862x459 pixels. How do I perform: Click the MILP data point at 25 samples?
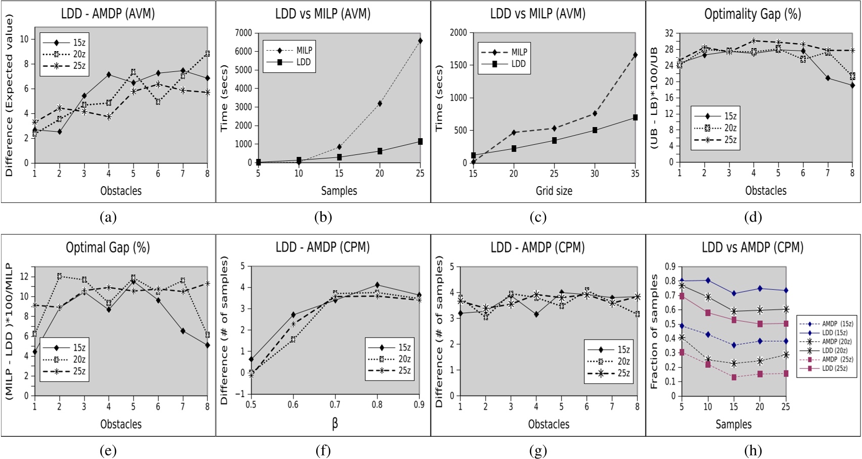tap(420, 40)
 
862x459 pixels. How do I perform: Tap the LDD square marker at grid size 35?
tap(635, 117)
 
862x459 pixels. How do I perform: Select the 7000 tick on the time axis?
tap(243, 33)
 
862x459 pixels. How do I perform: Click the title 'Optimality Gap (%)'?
tap(752, 14)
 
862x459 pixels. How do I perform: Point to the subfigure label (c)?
tap(538, 217)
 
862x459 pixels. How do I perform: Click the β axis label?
tap(335, 424)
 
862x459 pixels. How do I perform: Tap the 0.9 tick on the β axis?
tap(419, 404)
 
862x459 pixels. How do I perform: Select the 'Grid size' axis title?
tap(554, 191)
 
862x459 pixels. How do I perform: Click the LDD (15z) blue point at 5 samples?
tap(682, 280)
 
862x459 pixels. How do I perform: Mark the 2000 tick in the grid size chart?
tap(459, 33)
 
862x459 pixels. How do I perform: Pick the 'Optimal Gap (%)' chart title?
tap(108, 247)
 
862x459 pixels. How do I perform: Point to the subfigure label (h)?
tap(753, 450)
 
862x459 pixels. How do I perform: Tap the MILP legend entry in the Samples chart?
tap(304, 51)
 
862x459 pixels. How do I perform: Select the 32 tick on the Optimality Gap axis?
tap(669, 33)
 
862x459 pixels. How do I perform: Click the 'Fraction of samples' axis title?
tap(654, 331)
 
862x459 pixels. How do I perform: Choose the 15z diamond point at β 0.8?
tap(377, 285)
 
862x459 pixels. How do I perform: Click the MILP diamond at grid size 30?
tap(595, 114)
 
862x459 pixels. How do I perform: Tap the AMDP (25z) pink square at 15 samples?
tap(734, 377)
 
